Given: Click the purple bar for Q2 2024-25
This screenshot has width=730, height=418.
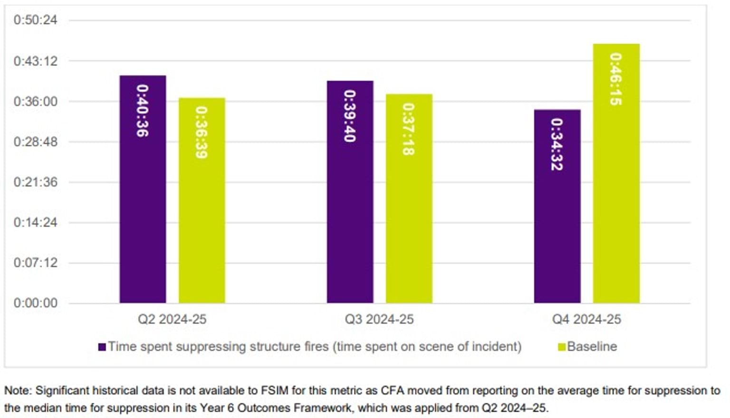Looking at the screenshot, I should click(143, 190).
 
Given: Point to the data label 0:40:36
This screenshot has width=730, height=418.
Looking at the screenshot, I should click(143, 111).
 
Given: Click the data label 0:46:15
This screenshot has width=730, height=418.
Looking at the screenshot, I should click(616, 79).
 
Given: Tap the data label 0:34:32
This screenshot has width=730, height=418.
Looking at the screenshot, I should click(557, 144).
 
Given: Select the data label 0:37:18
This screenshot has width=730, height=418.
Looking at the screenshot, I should click(409, 129).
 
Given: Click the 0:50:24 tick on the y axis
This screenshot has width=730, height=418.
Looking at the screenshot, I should click(35, 20).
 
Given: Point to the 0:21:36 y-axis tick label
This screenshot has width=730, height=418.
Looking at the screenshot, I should click(35, 182).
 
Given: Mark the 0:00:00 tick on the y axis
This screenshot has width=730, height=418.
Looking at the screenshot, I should click(35, 303).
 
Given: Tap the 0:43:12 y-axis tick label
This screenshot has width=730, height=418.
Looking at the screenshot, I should click(35, 61).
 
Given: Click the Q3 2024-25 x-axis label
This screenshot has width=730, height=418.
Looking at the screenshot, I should click(379, 319).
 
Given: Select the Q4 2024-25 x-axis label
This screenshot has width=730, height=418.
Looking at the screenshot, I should click(586, 319).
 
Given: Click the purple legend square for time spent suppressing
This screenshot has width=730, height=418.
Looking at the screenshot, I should click(102, 347).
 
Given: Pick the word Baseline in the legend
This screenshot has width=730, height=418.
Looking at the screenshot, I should click(592, 347).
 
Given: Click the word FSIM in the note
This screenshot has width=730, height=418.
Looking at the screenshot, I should click(274, 391).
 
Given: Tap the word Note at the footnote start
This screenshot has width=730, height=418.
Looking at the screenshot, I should click(17, 391).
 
